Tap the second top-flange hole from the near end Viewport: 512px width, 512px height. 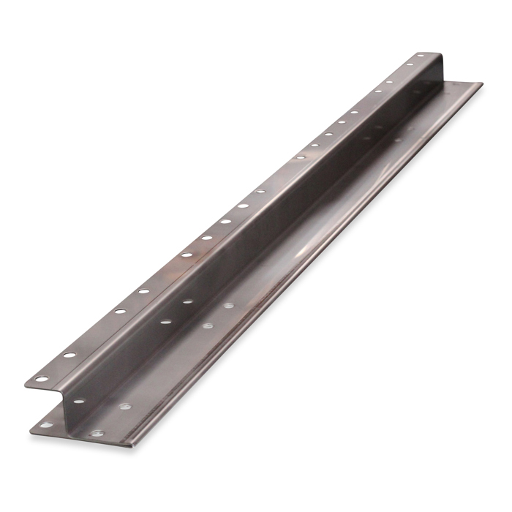69,355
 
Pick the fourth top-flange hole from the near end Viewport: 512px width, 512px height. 120,312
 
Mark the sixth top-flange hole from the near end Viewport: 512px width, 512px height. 166,273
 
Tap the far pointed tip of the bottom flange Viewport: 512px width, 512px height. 481,83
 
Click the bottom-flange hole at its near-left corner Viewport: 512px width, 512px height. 45,425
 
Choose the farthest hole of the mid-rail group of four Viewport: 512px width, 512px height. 229,305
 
